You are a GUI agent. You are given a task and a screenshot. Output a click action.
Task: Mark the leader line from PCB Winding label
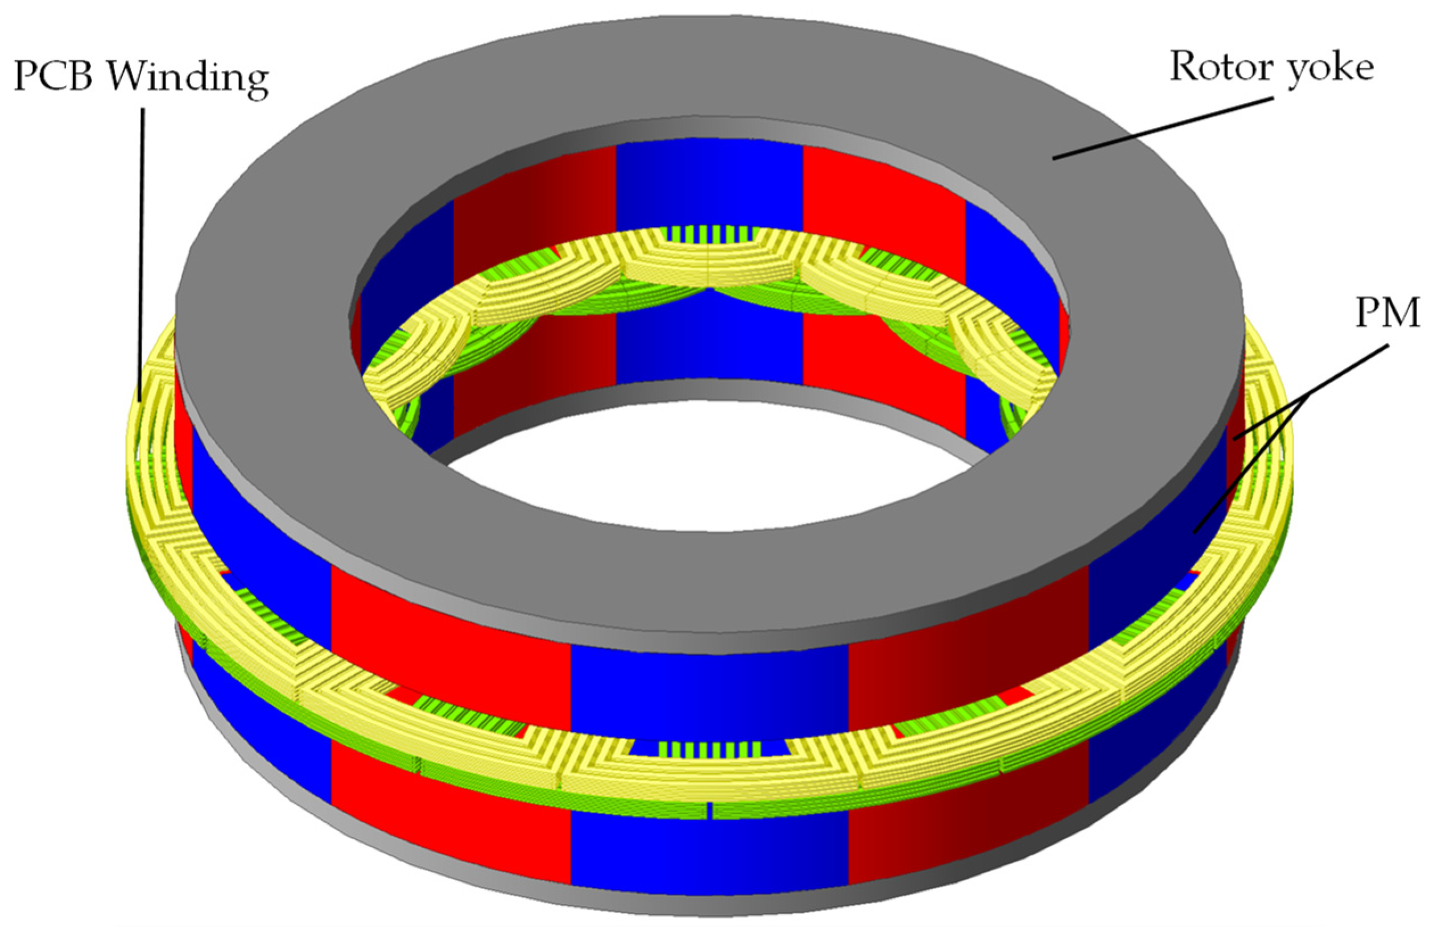click(x=143, y=252)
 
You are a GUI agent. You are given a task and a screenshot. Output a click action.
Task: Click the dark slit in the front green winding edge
click(x=711, y=811)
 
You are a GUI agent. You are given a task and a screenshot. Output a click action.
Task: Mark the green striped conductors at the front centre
click(x=711, y=749)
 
